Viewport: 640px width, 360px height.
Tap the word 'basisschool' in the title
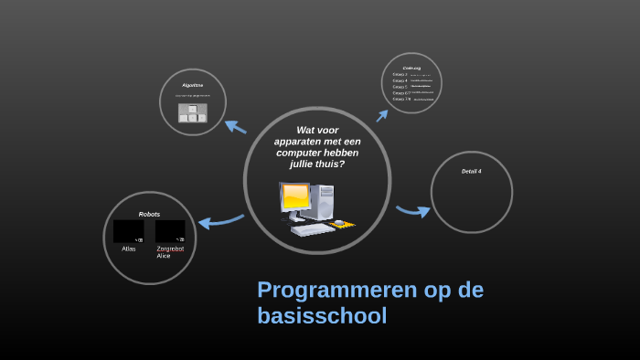tap(322, 316)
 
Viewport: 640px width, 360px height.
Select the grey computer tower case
tap(324, 201)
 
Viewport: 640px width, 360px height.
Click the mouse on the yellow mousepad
tap(340, 222)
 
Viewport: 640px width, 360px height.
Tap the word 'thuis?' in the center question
tap(330, 164)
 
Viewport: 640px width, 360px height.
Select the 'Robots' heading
tap(149, 214)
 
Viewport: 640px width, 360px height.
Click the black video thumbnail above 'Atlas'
tap(128, 231)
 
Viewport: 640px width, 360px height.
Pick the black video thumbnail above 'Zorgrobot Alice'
tap(170, 231)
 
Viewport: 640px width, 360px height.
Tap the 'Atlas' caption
tap(128, 249)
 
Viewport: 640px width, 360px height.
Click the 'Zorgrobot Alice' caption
tap(169, 252)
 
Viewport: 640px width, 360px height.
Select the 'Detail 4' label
tap(471, 171)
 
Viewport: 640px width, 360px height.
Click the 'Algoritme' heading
tap(192, 85)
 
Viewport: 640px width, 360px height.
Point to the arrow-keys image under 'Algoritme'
tap(192, 113)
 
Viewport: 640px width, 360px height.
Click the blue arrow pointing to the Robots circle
tap(220, 220)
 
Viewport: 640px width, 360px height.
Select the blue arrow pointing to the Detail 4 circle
tap(413, 211)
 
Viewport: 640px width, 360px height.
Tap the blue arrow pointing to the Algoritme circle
tap(235, 127)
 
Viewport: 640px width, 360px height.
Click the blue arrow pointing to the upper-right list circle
tap(382, 115)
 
